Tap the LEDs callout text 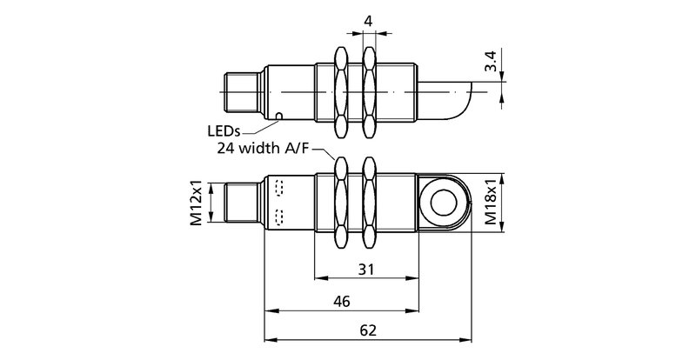point(224,131)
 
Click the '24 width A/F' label point(262,149)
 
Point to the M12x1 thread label point(196,205)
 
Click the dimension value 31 point(366,270)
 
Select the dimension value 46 point(341,302)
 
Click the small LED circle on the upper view point(278,116)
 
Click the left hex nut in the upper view point(341,90)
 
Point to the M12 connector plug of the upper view point(240,90)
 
